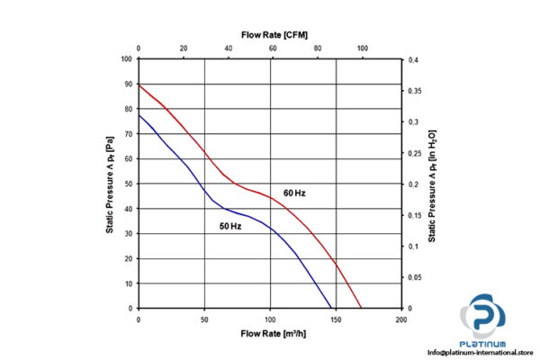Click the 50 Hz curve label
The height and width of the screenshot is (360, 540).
[x=229, y=226]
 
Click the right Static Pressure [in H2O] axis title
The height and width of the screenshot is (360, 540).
[x=433, y=184]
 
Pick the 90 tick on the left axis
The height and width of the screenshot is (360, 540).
[x=127, y=85]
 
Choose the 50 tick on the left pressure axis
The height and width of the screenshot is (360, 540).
[x=127, y=184]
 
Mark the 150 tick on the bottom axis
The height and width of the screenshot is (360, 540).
[x=336, y=319]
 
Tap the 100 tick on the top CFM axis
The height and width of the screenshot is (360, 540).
[x=363, y=49]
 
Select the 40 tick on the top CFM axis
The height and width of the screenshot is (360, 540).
[x=228, y=49]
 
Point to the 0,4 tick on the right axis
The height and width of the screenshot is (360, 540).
[x=413, y=59]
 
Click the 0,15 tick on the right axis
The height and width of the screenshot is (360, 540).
[x=415, y=215]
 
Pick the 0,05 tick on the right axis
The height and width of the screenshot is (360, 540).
[x=415, y=277]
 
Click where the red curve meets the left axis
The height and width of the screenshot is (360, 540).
[x=139, y=85]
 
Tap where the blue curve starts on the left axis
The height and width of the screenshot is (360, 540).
[x=139, y=114]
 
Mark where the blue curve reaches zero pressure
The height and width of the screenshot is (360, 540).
[x=335, y=308]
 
